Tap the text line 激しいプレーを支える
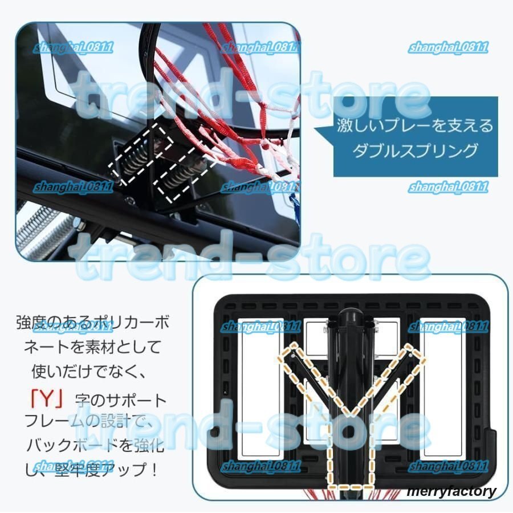click(x=414, y=125)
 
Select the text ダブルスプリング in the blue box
click(x=414, y=150)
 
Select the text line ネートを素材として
click(x=92, y=347)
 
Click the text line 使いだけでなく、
click(x=91, y=372)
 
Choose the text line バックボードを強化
click(x=95, y=445)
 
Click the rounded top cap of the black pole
click(x=352, y=316)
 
